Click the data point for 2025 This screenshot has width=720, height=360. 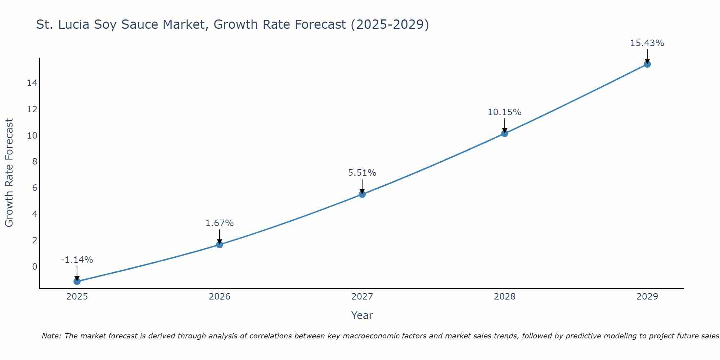click(77, 281)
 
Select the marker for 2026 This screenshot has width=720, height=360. click(220, 244)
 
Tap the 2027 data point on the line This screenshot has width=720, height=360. click(362, 194)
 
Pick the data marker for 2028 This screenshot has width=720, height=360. click(505, 134)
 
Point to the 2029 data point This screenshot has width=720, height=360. click(647, 64)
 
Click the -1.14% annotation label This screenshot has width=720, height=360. click(77, 260)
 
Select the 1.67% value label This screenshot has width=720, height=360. click(220, 223)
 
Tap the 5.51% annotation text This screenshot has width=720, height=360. click(362, 173)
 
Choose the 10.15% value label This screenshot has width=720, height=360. click(504, 112)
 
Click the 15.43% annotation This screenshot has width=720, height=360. click(647, 43)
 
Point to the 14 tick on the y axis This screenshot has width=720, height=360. click(32, 83)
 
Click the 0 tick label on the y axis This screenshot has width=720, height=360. click(35, 267)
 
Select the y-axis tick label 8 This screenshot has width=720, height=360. click(35, 162)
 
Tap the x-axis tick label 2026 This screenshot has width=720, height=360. click(220, 297)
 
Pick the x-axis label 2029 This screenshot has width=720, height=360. click(647, 297)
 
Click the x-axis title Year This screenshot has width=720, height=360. click(362, 315)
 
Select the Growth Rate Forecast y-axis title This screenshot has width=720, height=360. click(9, 173)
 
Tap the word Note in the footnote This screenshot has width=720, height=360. click(51, 336)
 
